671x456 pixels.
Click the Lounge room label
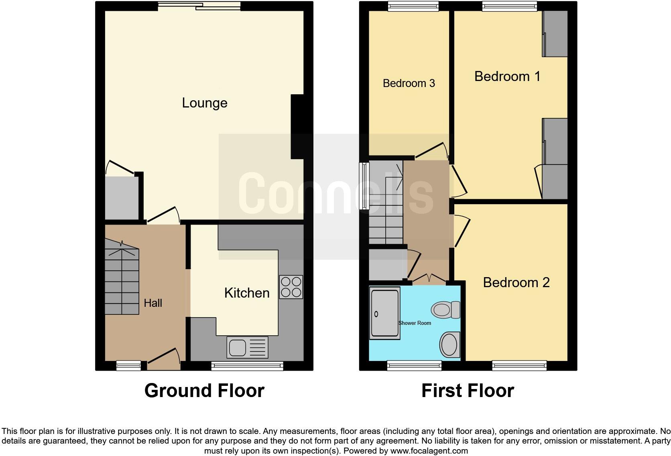point(205,103)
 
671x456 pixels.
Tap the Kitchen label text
point(247,293)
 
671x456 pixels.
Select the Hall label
point(153,303)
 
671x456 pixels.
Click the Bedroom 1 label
point(507,76)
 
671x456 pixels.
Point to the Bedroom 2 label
point(516,282)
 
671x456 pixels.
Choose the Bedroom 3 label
point(409,83)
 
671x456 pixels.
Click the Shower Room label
point(415,323)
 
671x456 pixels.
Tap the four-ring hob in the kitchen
point(291,287)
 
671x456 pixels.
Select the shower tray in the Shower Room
point(384,313)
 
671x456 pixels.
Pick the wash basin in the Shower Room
point(450,345)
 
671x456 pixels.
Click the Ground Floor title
point(204,391)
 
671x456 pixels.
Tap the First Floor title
point(468,391)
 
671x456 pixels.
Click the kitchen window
point(247,365)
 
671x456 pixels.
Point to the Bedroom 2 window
point(519,365)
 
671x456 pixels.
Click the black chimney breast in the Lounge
point(297,126)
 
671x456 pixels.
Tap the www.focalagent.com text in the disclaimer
point(429,451)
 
